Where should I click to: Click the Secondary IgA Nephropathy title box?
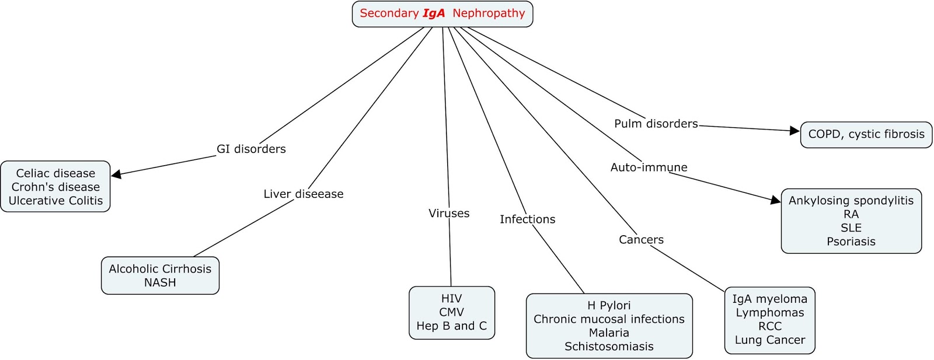point(442,13)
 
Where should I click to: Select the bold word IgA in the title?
point(434,13)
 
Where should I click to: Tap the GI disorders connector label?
point(251,149)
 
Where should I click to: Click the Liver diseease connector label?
point(303,194)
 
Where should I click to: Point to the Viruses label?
point(449,214)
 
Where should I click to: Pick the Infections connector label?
point(527,219)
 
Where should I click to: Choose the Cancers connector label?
point(641,240)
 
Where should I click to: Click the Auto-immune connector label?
point(649,167)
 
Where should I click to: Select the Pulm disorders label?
point(656,124)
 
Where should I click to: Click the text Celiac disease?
point(55,173)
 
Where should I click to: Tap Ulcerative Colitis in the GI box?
point(55,201)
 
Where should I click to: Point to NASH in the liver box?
point(160,282)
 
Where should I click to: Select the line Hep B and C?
point(451,326)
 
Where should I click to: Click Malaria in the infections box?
point(609,333)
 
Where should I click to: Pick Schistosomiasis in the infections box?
point(609,347)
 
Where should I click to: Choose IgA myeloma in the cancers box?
point(769,299)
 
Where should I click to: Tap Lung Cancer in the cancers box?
point(769,340)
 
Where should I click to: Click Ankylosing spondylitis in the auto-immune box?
point(851,201)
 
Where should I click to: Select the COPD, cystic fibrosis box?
point(866,134)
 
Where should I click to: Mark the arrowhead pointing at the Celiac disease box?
point(116,174)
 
